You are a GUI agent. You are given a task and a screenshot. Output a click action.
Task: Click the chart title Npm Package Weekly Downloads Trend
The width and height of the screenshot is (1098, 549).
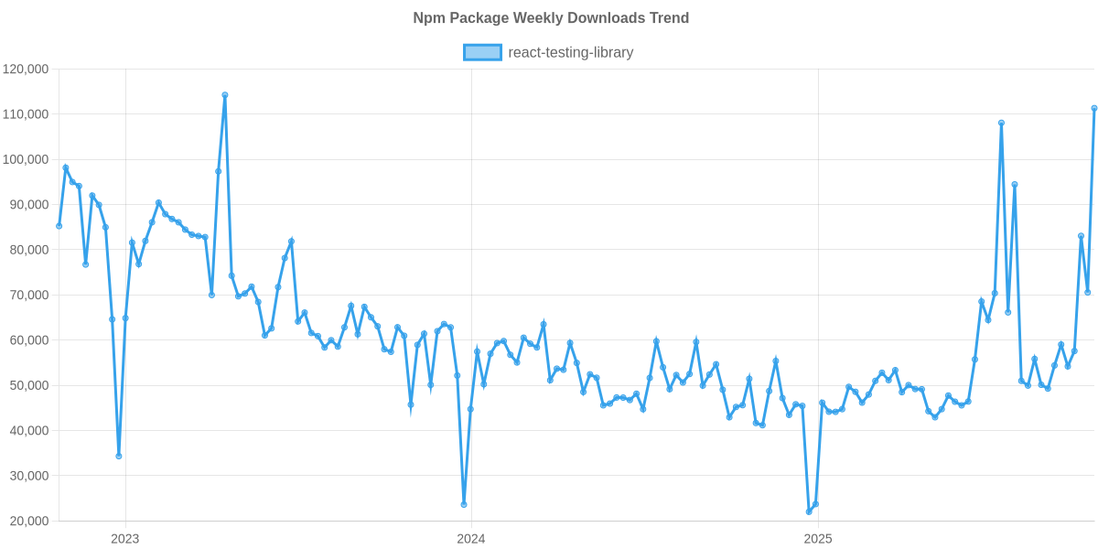(550, 18)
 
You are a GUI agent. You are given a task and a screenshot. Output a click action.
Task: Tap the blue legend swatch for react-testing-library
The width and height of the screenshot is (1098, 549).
(482, 52)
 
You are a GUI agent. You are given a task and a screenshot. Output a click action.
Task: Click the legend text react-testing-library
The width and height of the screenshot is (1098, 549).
(570, 52)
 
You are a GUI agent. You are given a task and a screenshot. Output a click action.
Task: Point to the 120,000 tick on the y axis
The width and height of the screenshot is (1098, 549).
(26, 69)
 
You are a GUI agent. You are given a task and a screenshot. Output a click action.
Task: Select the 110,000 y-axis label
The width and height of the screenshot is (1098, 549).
(26, 114)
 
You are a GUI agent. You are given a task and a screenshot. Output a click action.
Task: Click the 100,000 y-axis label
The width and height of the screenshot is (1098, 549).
(26, 159)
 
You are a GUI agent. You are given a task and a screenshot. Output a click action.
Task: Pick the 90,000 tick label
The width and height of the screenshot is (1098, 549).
(28, 205)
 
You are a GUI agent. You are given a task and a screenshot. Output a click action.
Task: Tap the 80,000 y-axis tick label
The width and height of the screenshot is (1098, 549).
(28, 250)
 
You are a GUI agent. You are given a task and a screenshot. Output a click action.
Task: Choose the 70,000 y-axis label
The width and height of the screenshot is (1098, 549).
(28, 295)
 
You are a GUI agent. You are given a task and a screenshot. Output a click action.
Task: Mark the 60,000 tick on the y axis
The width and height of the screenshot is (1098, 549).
(28, 340)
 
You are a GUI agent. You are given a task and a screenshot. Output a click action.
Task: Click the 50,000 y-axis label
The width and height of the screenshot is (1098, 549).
(28, 385)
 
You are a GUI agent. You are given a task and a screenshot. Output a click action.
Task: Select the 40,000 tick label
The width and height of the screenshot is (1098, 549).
(28, 431)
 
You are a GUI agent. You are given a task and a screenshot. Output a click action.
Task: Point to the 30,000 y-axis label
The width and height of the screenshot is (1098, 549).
(28, 476)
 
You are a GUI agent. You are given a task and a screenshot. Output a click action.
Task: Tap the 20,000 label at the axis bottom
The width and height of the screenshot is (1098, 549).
(28, 522)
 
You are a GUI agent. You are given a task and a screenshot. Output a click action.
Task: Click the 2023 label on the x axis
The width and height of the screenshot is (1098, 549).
(124, 538)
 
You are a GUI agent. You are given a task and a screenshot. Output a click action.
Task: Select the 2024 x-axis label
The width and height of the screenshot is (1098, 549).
(470, 538)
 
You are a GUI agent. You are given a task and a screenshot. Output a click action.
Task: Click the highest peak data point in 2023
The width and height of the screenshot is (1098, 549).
(224, 94)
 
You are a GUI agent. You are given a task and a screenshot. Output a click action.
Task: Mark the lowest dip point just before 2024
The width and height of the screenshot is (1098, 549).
(464, 504)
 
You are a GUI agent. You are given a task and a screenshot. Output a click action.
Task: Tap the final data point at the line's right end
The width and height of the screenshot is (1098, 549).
(1094, 108)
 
